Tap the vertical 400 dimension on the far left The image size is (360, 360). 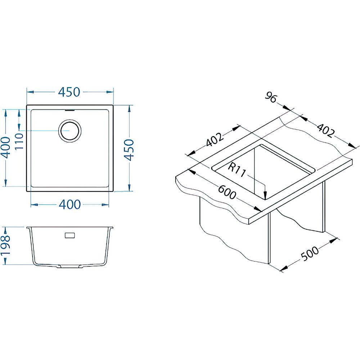coord(5,148)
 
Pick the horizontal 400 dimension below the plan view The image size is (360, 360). coord(70,204)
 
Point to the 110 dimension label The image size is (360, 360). coord(19,141)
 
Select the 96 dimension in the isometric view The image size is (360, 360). coord(271,97)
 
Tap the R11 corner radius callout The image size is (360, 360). coord(237,170)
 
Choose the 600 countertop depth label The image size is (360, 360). coord(227,192)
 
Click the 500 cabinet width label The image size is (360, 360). coord(310,254)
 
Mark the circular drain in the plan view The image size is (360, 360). coord(70,131)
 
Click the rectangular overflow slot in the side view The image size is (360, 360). coord(70,235)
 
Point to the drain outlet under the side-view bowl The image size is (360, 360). coord(70,266)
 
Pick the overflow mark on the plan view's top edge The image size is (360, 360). coord(70,110)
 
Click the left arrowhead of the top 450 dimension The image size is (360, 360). coord(30,92)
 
